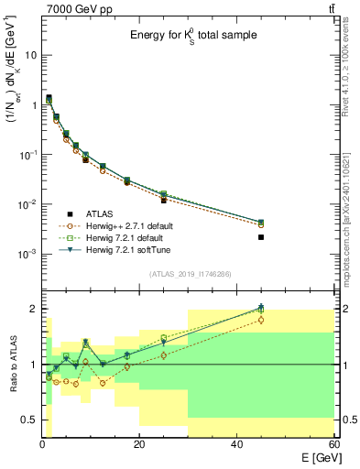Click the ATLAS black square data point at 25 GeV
tap(164, 200)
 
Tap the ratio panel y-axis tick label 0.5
tap(29, 420)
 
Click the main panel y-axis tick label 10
tap(30, 55)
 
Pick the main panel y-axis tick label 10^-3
tap(27, 254)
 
